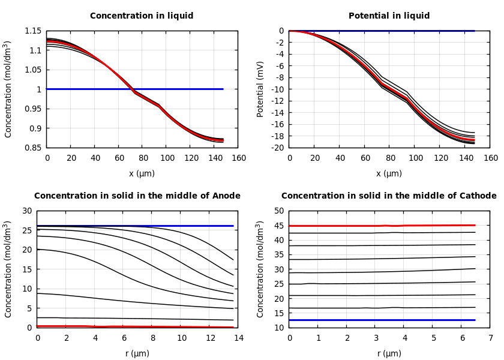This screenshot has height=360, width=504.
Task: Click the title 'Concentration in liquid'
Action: (142, 16)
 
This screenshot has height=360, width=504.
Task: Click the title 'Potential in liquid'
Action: (389, 16)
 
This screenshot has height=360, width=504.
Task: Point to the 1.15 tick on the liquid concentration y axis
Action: (33, 31)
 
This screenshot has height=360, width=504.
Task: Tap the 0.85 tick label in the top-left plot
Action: (33, 148)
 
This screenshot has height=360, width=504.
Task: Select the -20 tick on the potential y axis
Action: (278, 148)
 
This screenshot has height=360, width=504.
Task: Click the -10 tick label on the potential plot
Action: (278, 89)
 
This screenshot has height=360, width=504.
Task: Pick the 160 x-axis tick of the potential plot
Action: (490, 158)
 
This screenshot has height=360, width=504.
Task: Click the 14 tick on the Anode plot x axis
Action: (238, 338)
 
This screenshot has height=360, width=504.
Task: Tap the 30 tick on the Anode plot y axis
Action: (26, 211)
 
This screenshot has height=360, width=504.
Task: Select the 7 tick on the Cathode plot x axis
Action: (490, 338)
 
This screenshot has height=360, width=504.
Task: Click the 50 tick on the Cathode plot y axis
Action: (278, 211)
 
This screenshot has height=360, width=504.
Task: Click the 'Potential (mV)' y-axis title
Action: (260, 89)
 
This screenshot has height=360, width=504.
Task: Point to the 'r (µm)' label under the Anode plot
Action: (137, 353)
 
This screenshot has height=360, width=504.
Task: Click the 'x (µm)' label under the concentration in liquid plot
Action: (142, 173)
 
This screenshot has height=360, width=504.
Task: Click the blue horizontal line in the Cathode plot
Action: (384, 320)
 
